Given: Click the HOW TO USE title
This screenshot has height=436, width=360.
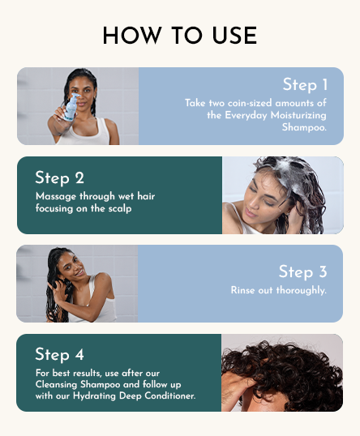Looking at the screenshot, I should (180, 36).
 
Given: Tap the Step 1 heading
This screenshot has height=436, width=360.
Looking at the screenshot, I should (305, 84).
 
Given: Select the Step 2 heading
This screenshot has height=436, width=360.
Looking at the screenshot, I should (59, 177).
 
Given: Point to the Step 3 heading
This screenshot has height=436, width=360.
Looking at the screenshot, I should (302, 271).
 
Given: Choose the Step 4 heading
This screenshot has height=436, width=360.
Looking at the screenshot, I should (59, 354).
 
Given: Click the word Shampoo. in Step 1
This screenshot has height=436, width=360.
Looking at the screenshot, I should (304, 127).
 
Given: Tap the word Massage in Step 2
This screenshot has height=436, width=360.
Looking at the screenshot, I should (54, 196).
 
